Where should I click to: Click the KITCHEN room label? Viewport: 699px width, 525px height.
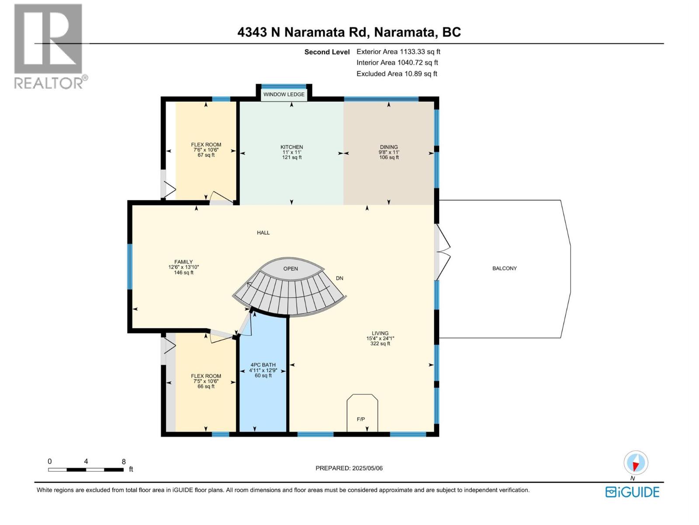point(291,147)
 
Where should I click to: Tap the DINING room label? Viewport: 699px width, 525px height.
point(389,147)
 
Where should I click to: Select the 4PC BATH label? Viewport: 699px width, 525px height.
point(263,365)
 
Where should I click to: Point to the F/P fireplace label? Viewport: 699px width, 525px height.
point(361,419)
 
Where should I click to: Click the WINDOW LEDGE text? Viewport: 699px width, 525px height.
point(284,94)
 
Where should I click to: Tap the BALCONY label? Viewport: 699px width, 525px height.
point(505,268)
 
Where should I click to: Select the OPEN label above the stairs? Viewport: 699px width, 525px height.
point(291,269)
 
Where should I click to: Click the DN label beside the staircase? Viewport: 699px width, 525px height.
point(339,278)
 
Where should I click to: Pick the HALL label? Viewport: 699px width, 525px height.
point(263,233)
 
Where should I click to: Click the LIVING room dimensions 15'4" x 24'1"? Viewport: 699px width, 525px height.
point(380,338)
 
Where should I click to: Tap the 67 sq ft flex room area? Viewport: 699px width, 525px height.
point(206,155)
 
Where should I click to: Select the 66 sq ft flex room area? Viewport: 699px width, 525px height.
point(206,386)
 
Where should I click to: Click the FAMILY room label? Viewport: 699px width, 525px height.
point(183,262)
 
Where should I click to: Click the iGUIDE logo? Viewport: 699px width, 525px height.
point(632,492)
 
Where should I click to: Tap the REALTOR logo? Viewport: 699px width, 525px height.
point(48,46)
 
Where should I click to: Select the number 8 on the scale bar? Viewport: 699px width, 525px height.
point(124,462)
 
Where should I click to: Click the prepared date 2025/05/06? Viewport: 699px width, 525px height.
point(367,468)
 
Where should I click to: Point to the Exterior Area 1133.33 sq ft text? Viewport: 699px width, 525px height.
point(398,52)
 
